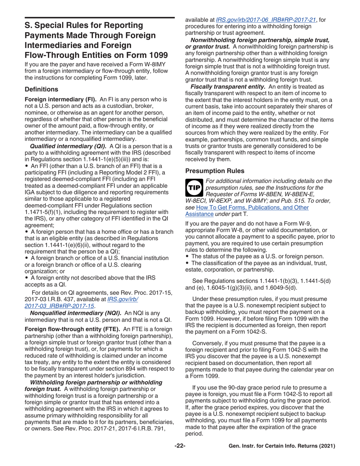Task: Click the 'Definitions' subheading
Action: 41,90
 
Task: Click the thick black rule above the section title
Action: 99,18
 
